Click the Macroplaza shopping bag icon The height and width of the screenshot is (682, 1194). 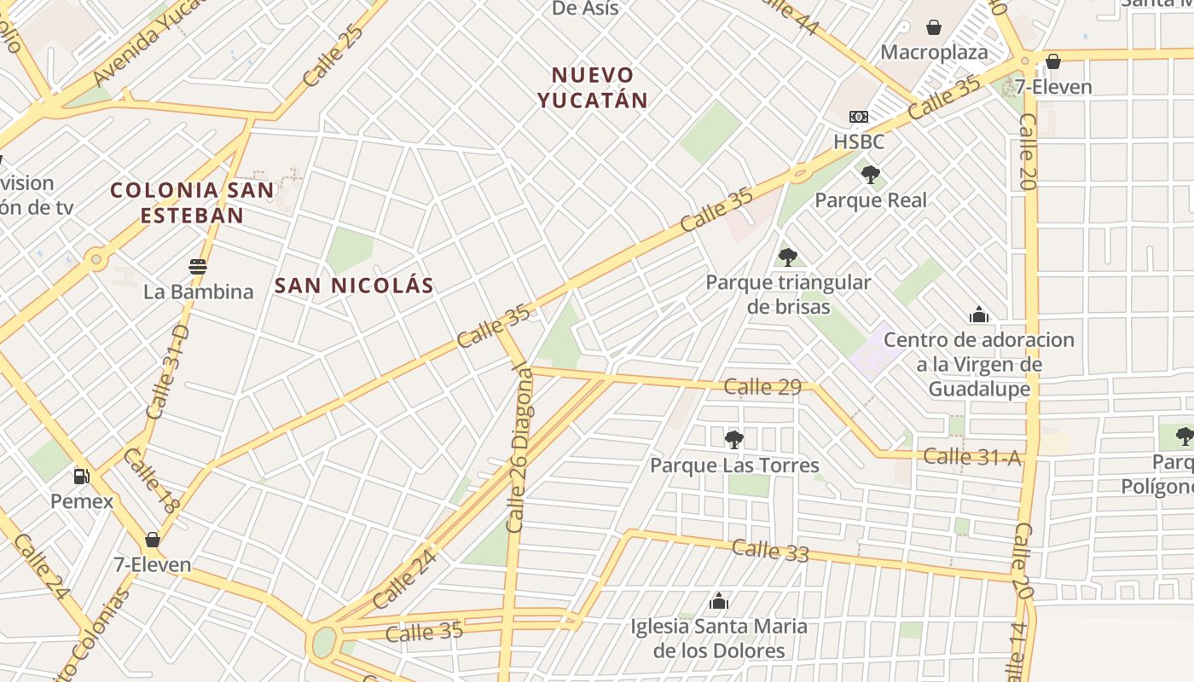pyautogui.click(x=934, y=27)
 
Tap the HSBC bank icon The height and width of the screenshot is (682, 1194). pyautogui.click(x=858, y=117)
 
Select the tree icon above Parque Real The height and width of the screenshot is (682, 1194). pyautogui.click(x=870, y=176)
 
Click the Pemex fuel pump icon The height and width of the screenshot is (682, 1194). pyautogui.click(x=81, y=477)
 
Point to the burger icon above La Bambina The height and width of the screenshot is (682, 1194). pyautogui.click(x=198, y=267)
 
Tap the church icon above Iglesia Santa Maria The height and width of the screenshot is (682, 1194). pyautogui.click(x=719, y=601)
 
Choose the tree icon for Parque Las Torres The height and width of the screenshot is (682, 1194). pyautogui.click(x=733, y=440)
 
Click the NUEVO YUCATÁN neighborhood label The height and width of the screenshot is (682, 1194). pyautogui.click(x=593, y=88)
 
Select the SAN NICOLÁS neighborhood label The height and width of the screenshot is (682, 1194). pyautogui.click(x=354, y=286)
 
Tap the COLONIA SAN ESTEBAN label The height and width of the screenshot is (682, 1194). pyautogui.click(x=193, y=202)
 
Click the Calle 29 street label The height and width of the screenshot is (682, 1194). pyautogui.click(x=762, y=387)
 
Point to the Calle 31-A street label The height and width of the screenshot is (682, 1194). pyautogui.click(x=971, y=458)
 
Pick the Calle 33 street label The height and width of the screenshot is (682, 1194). pyautogui.click(x=770, y=551)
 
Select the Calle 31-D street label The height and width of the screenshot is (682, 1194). pyautogui.click(x=166, y=372)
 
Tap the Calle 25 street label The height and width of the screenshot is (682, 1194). pyautogui.click(x=333, y=55)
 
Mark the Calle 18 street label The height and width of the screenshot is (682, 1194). pyautogui.click(x=151, y=482)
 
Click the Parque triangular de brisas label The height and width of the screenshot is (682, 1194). pyautogui.click(x=788, y=294)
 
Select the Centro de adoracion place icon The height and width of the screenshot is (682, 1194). pyautogui.click(x=979, y=315)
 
